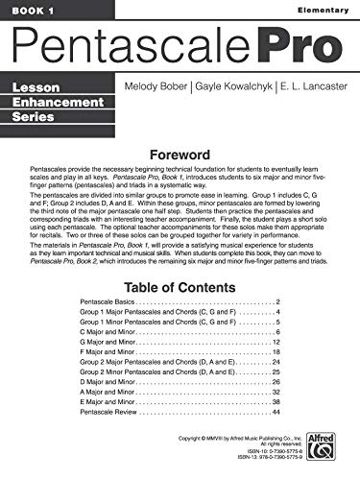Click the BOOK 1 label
click(26, 10)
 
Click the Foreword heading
click(180, 152)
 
